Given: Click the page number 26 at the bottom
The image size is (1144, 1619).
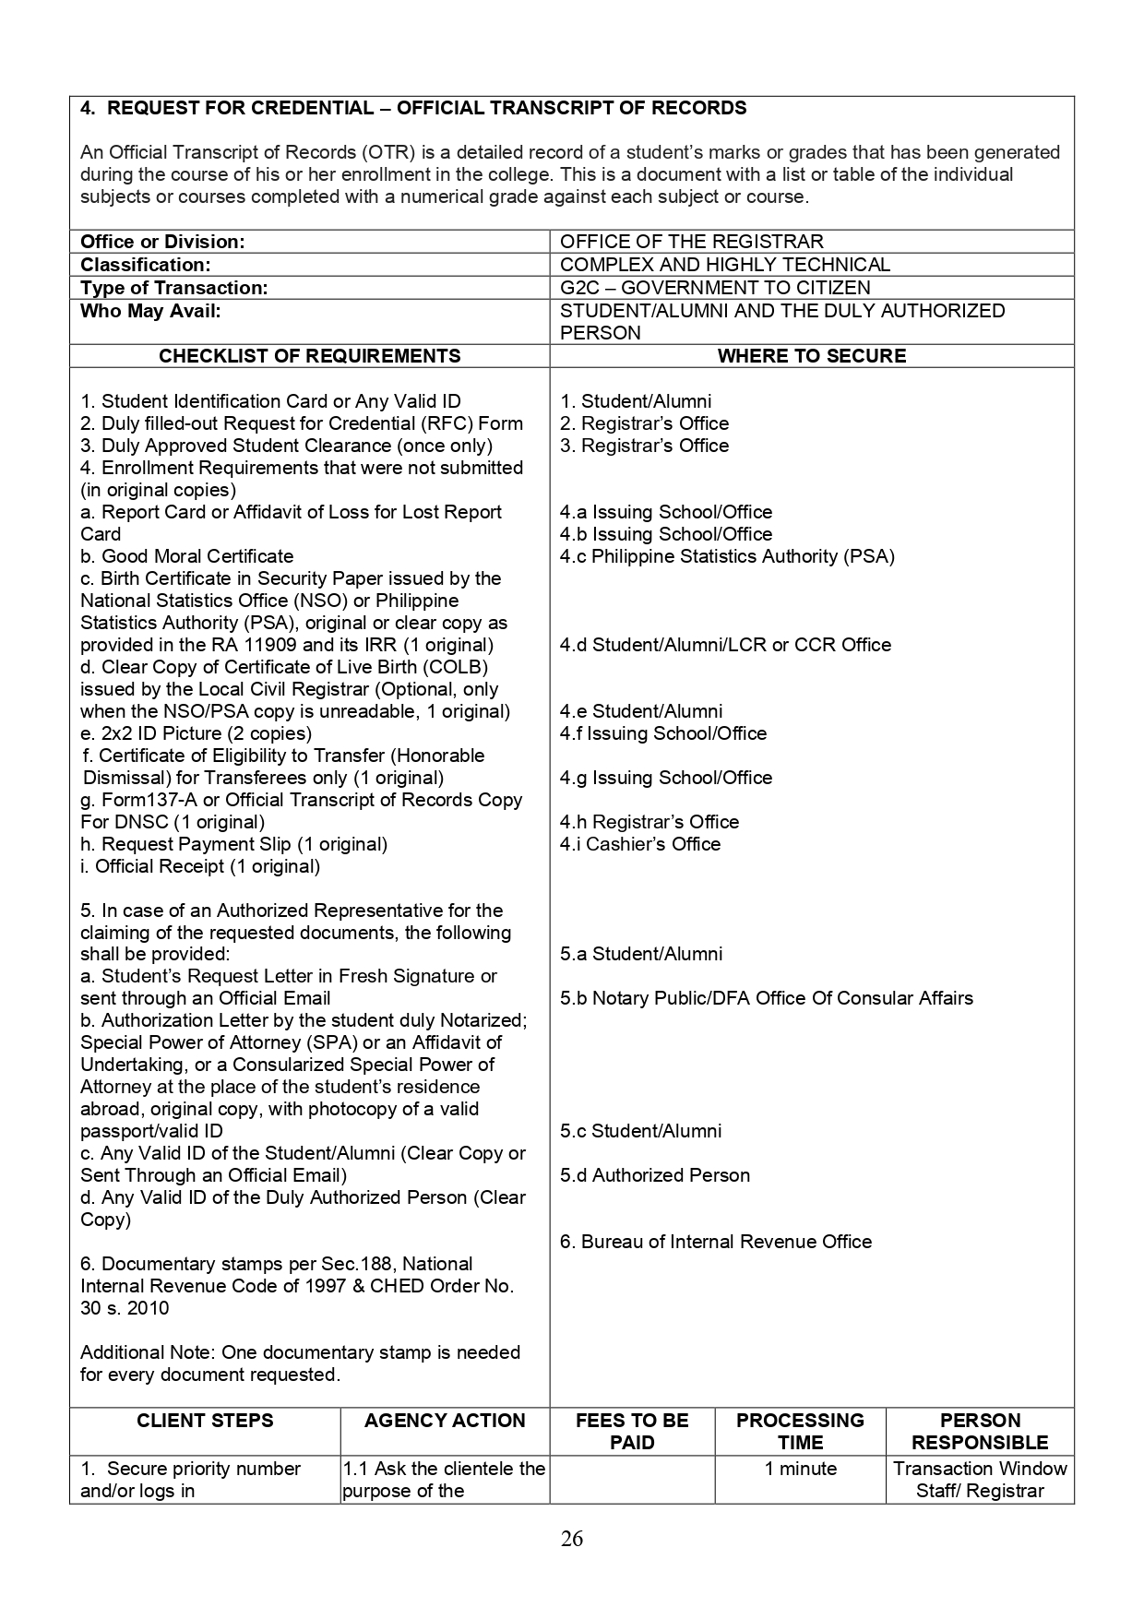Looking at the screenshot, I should [571, 1539].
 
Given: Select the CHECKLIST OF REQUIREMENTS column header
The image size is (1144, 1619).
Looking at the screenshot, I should [309, 356].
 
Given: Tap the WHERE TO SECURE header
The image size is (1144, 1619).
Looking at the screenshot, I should [811, 356].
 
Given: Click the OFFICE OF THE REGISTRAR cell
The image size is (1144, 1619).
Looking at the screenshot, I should [691, 242].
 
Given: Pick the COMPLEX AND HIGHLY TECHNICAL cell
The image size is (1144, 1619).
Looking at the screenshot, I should [724, 265].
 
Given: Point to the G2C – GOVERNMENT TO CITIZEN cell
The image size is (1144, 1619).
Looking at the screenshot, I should [714, 288].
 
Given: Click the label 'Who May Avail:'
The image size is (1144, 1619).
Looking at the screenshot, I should [150, 311].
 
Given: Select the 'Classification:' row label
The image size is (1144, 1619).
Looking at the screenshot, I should [145, 265].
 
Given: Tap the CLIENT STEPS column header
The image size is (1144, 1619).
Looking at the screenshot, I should [205, 1421].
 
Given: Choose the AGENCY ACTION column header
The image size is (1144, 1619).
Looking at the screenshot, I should [445, 1421].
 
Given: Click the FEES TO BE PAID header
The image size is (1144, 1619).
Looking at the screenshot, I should [632, 1432].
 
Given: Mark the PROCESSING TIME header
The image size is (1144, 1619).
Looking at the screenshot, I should [800, 1432].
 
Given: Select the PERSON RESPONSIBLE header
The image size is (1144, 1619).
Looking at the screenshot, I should [980, 1432].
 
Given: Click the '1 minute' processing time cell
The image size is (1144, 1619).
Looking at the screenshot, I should [800, 1469].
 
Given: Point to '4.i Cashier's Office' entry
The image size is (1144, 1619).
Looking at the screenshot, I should [639, 844].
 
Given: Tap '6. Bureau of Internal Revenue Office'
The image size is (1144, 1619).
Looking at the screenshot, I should [715, 1242].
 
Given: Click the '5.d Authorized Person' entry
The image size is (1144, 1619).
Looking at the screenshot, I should [654, 1175].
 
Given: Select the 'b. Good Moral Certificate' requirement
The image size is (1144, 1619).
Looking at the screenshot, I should [186, 556].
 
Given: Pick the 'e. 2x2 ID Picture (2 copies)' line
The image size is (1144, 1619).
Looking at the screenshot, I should [196, 733].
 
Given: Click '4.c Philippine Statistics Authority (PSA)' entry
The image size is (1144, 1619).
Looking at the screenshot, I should [726, 556].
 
